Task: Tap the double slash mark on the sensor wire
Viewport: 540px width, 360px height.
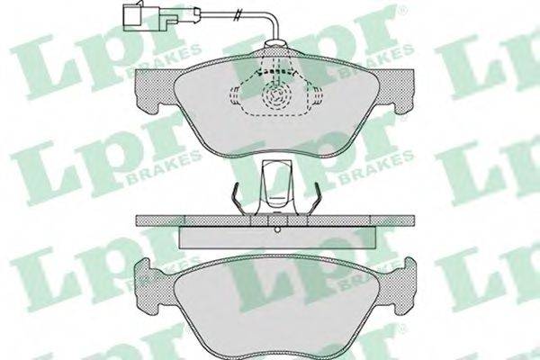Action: click(x=237, y=15)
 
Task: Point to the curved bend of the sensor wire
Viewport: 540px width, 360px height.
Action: click(x=273, y=20)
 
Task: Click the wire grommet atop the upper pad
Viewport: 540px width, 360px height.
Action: click(x=275, y=44)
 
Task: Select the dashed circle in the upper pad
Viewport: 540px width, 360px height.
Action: click(x=275, y=94)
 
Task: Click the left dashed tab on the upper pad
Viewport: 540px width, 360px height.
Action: click(x=234, y=95)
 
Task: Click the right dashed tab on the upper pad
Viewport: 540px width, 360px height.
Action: click(x=317, y=95)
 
